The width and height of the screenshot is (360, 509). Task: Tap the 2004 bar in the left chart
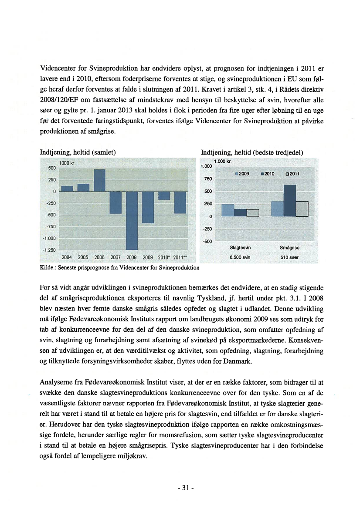[x=67, y=189]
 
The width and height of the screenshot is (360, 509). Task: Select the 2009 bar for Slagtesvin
[x=228, y=210]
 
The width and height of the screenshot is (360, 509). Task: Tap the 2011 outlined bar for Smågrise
[x=302, y=209]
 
